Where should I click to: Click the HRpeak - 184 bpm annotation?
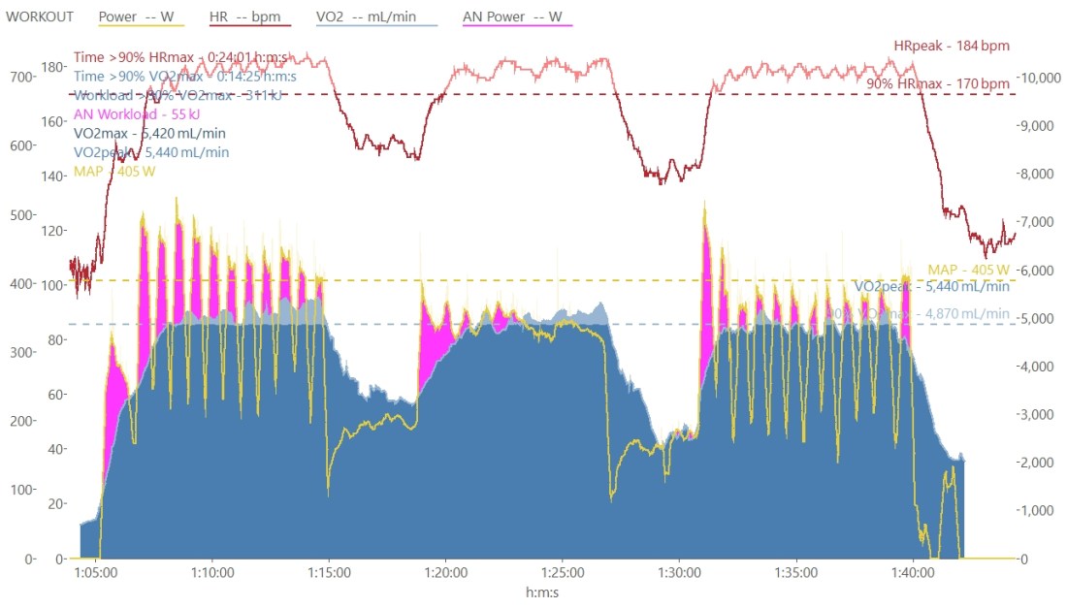click(952, 45)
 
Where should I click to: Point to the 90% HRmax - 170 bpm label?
click(938, 83)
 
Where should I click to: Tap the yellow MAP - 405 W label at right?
click(969, 269)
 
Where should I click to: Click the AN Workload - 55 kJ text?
click(137, 113)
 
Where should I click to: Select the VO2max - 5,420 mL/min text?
click(150, 133)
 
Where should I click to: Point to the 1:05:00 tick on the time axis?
click(96, 572)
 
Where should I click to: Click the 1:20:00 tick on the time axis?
click(445, 572)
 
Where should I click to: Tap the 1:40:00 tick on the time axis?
click(912, 572)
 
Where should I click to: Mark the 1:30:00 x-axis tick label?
click(679, 572)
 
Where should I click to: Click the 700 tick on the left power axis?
click(18, 77)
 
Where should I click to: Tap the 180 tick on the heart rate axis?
click(53, 67)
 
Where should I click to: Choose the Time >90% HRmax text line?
click(185, 57)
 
